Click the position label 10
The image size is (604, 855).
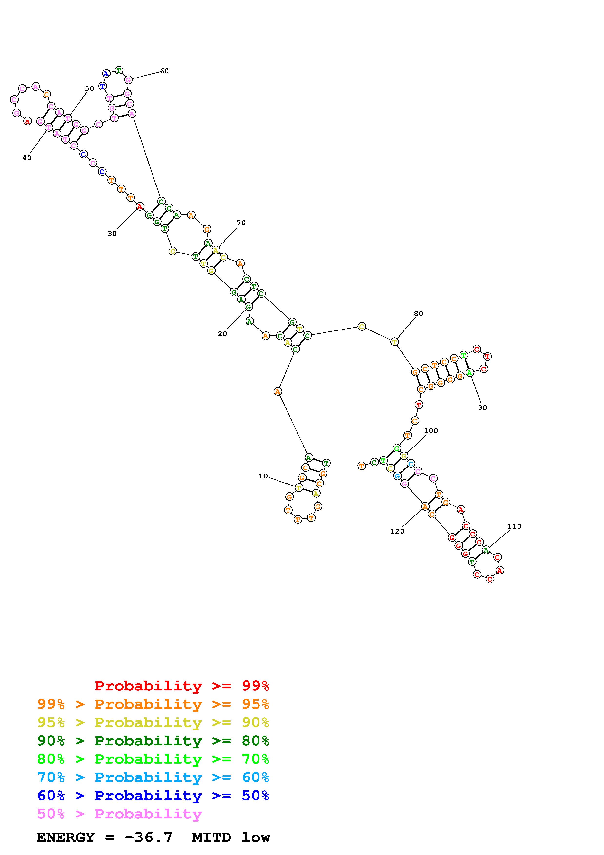(263, 476)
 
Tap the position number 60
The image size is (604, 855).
(164, 71)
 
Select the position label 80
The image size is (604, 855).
(418, 313)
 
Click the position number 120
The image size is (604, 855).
(397, 531)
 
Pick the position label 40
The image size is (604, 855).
(27, 158)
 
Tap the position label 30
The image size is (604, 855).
(112, 233)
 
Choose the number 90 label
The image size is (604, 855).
(482, 408)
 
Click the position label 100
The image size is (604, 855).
(431, 431)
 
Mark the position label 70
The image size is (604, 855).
(241, 223)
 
